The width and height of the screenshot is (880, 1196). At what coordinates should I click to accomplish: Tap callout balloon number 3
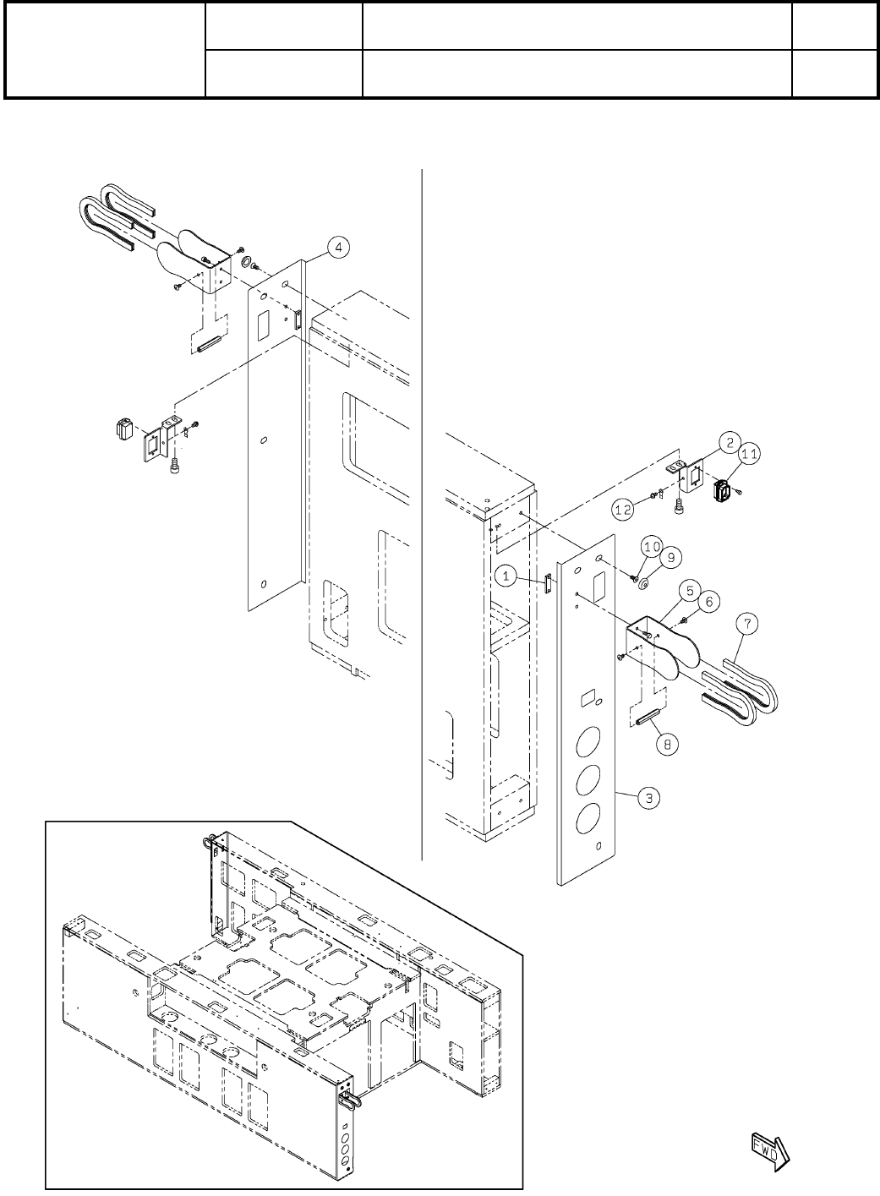649,797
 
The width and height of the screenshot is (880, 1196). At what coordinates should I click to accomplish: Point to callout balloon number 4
336,247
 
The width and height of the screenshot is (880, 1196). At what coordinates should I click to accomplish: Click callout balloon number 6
708,601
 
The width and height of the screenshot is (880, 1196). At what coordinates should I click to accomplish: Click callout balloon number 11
749,454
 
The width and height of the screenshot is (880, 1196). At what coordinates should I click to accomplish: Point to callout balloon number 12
624,510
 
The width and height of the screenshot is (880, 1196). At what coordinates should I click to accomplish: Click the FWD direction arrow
769,1147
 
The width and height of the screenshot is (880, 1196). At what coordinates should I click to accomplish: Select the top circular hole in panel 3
600,559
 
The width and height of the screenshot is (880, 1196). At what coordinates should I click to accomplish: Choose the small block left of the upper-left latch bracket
124,428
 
